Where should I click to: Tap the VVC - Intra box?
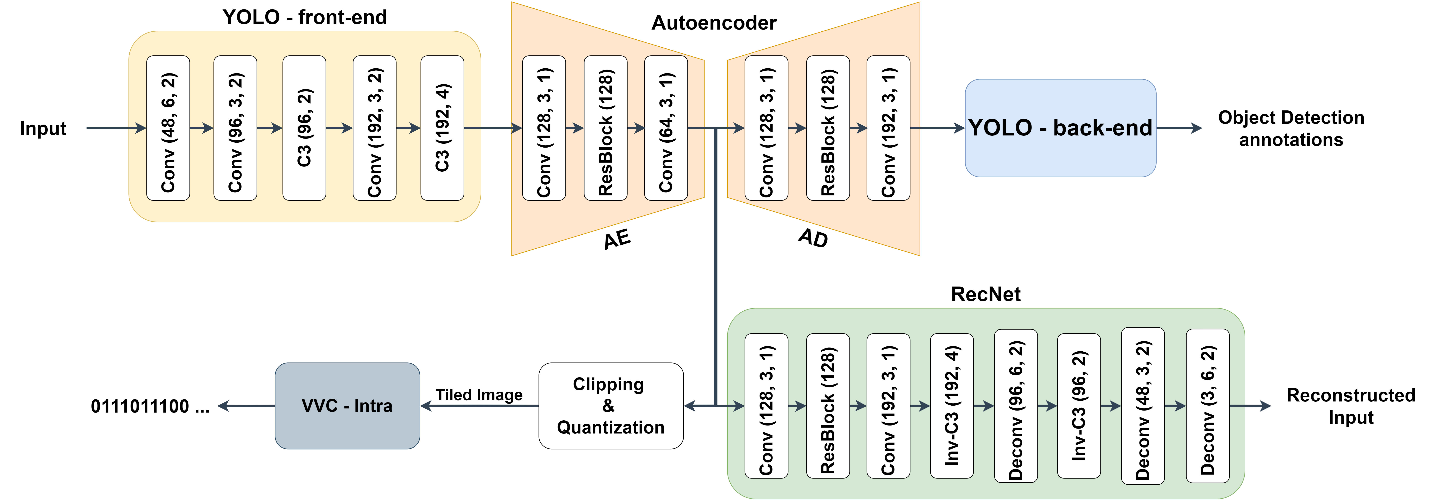(347, 406)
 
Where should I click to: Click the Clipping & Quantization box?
(610, 406)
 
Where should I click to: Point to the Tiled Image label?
(479, 395)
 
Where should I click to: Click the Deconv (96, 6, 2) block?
(1016, 406)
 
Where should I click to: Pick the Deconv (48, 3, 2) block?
(1142, 406)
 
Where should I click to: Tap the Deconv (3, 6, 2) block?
(1208, 406)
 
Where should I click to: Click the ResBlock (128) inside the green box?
(828, 406)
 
